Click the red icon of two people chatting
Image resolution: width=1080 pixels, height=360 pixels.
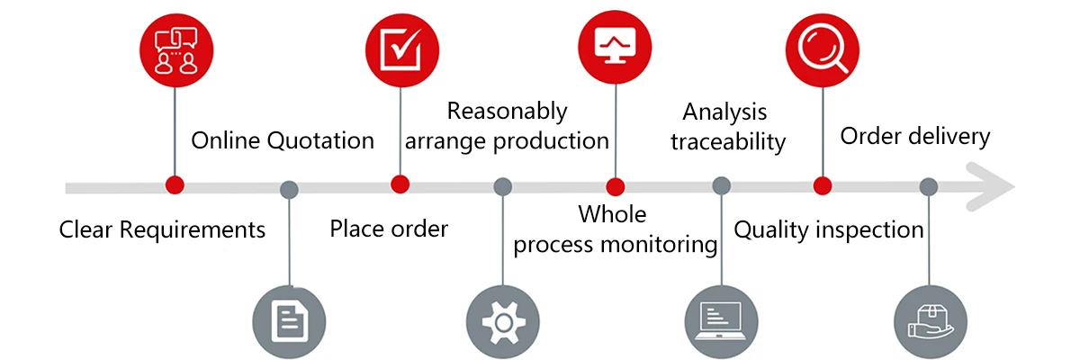(176, 50)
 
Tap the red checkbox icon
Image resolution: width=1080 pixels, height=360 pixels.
(402, 50)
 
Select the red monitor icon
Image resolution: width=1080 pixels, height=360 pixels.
(615, 47)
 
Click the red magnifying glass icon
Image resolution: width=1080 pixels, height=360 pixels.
(823, 50)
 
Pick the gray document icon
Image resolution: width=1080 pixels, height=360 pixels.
(289, 322)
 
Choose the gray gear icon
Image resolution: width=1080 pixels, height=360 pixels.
(503, 322)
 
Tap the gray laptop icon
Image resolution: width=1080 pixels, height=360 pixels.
(721, 322)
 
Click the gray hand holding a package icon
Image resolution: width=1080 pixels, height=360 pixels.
(931, 322)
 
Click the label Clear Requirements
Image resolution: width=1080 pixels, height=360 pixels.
(162, 229)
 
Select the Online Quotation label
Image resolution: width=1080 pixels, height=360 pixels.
(283, 140)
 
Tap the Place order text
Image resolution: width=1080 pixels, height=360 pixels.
(389, 229)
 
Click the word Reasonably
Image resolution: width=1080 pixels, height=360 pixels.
(508, 112)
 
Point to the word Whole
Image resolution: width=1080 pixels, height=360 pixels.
(612, 214)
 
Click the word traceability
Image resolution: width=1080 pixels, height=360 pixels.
(728, 142)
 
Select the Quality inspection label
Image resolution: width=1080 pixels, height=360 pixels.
(829, 229)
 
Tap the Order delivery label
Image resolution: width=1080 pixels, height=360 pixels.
(915, 136)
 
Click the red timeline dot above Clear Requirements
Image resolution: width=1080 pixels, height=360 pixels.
(175, 185)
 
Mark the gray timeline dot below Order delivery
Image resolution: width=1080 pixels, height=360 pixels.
(929, 187)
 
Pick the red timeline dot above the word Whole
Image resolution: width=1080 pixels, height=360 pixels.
(616, 187)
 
